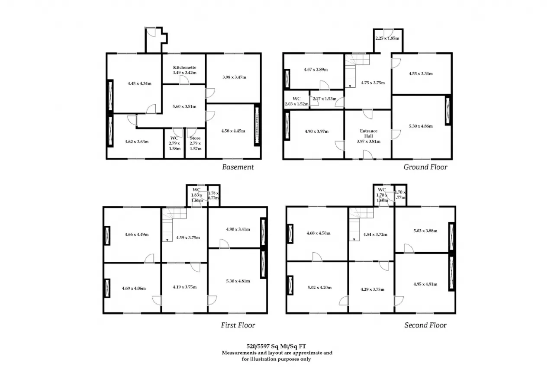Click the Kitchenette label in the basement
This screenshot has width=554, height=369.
pos(184,67)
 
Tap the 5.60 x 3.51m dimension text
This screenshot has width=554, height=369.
pos(184,106)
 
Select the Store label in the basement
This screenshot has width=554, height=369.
pos(195,138)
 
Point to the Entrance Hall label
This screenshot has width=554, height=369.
pos(368,134)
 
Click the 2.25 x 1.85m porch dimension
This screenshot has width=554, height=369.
pos(387,39)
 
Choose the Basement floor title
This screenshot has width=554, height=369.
pos(238,167)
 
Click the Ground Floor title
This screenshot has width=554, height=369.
pos(425,167)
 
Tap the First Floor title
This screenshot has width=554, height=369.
pos(238,325)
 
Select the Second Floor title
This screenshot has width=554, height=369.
pos(425,325)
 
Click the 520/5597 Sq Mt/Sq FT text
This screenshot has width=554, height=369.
pos(276,346)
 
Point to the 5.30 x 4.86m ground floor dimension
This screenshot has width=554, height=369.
pos(421,126)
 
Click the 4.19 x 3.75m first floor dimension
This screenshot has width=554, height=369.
pos(184,287)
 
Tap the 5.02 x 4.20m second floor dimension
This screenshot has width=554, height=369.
pos(319,287)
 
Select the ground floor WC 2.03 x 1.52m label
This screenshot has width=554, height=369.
pos(296,101)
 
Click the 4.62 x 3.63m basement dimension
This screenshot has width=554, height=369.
pos(136,141)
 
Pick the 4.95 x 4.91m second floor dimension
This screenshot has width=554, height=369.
pos(425,284)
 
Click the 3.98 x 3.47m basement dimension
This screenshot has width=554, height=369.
pos(234,77)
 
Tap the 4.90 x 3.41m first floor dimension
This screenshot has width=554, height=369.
pos(238,229)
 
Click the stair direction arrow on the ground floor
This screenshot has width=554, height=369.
pos(350,86)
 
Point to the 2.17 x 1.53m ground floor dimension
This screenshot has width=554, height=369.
pos(325,99)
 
